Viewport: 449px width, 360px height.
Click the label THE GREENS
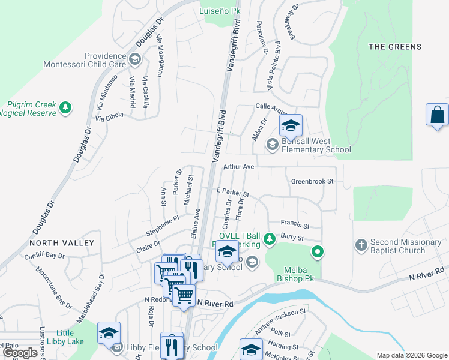(395, 47)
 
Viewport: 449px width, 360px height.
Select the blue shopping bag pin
(437, 115)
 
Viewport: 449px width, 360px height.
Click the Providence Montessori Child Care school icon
(135, 59)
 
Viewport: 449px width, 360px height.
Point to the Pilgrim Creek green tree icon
(65, 108)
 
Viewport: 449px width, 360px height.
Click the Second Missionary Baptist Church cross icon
(361, 245)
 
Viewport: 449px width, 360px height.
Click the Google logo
(20, 353)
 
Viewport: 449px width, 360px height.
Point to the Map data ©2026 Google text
(412, 355)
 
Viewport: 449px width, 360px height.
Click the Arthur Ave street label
(239, 166)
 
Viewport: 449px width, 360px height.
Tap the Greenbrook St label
(312, 181)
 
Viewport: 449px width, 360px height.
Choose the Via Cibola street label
(109, 117)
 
